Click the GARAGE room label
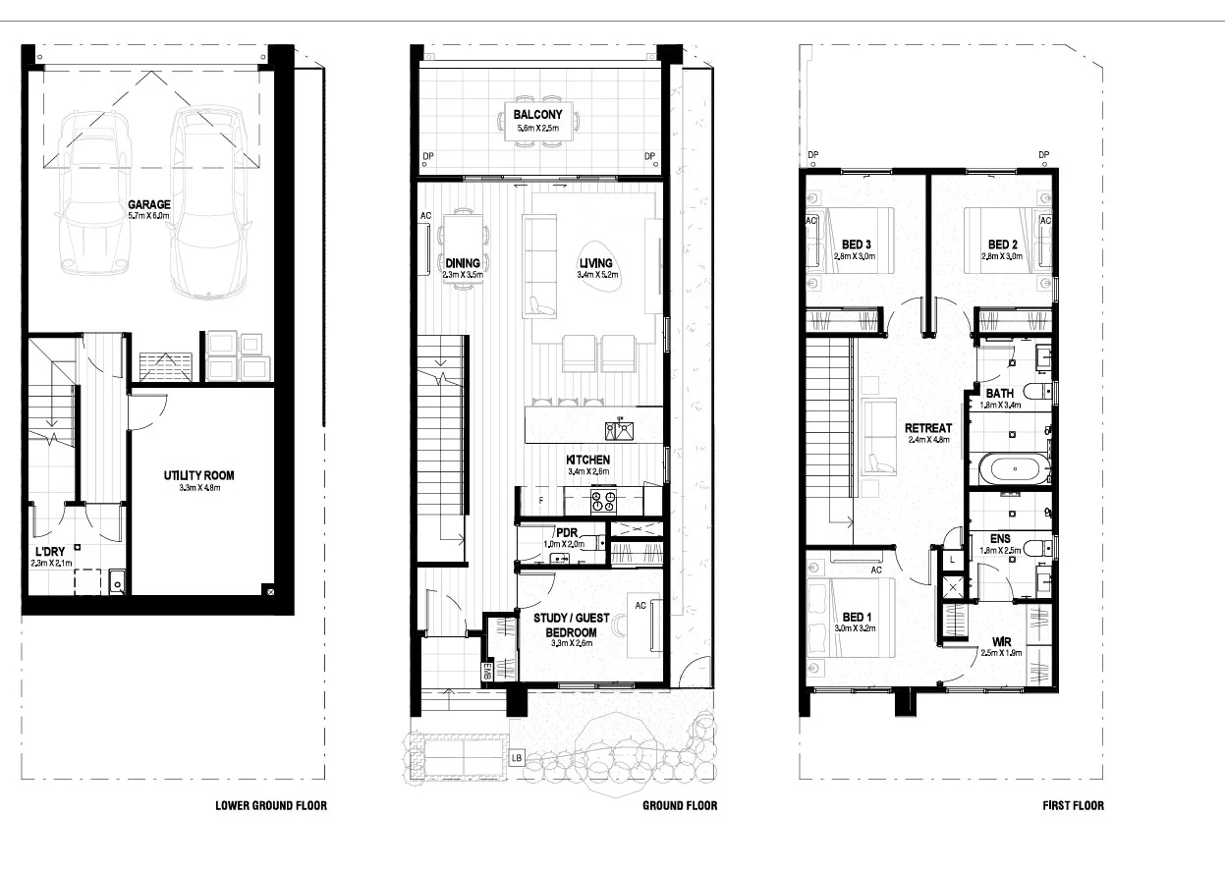(148, 205)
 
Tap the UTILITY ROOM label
(198, 476)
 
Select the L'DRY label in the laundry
(49, 552)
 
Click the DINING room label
(462, 262)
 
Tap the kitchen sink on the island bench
(619, 429)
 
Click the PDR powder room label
(565, 532)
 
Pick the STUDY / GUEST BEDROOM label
(571, 625)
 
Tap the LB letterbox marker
(517, 758)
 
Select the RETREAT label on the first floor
(927, 428)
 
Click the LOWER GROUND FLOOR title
(271, 806)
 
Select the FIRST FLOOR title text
(1073, 806)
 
